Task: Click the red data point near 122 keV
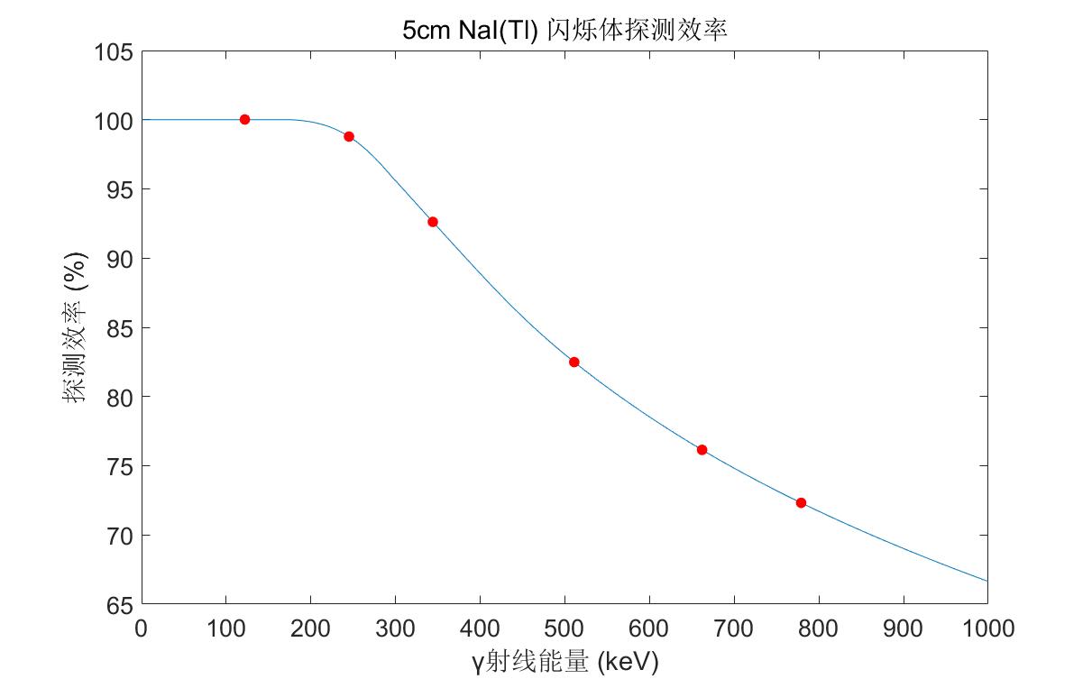click(x=244, y=119)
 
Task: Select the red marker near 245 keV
click(x=349, y=136)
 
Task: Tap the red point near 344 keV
click(x=433, y=222)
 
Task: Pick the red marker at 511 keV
click(x=574, y=362)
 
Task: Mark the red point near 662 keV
click(x=702, y=450)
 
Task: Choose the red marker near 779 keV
click(x=801, y=502)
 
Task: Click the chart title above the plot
click(x=564, y=30)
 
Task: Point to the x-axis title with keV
click(x=564, y=663)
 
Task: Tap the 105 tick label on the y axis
click(x=115, y=52)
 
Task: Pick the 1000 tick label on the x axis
click(x=987, y=628)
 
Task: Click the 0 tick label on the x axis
click(x=142, y=628)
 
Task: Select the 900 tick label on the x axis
click(x=903, y=628)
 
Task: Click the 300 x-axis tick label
click(x=395, y=628)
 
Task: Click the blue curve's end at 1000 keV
click(x=986, y=581)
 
